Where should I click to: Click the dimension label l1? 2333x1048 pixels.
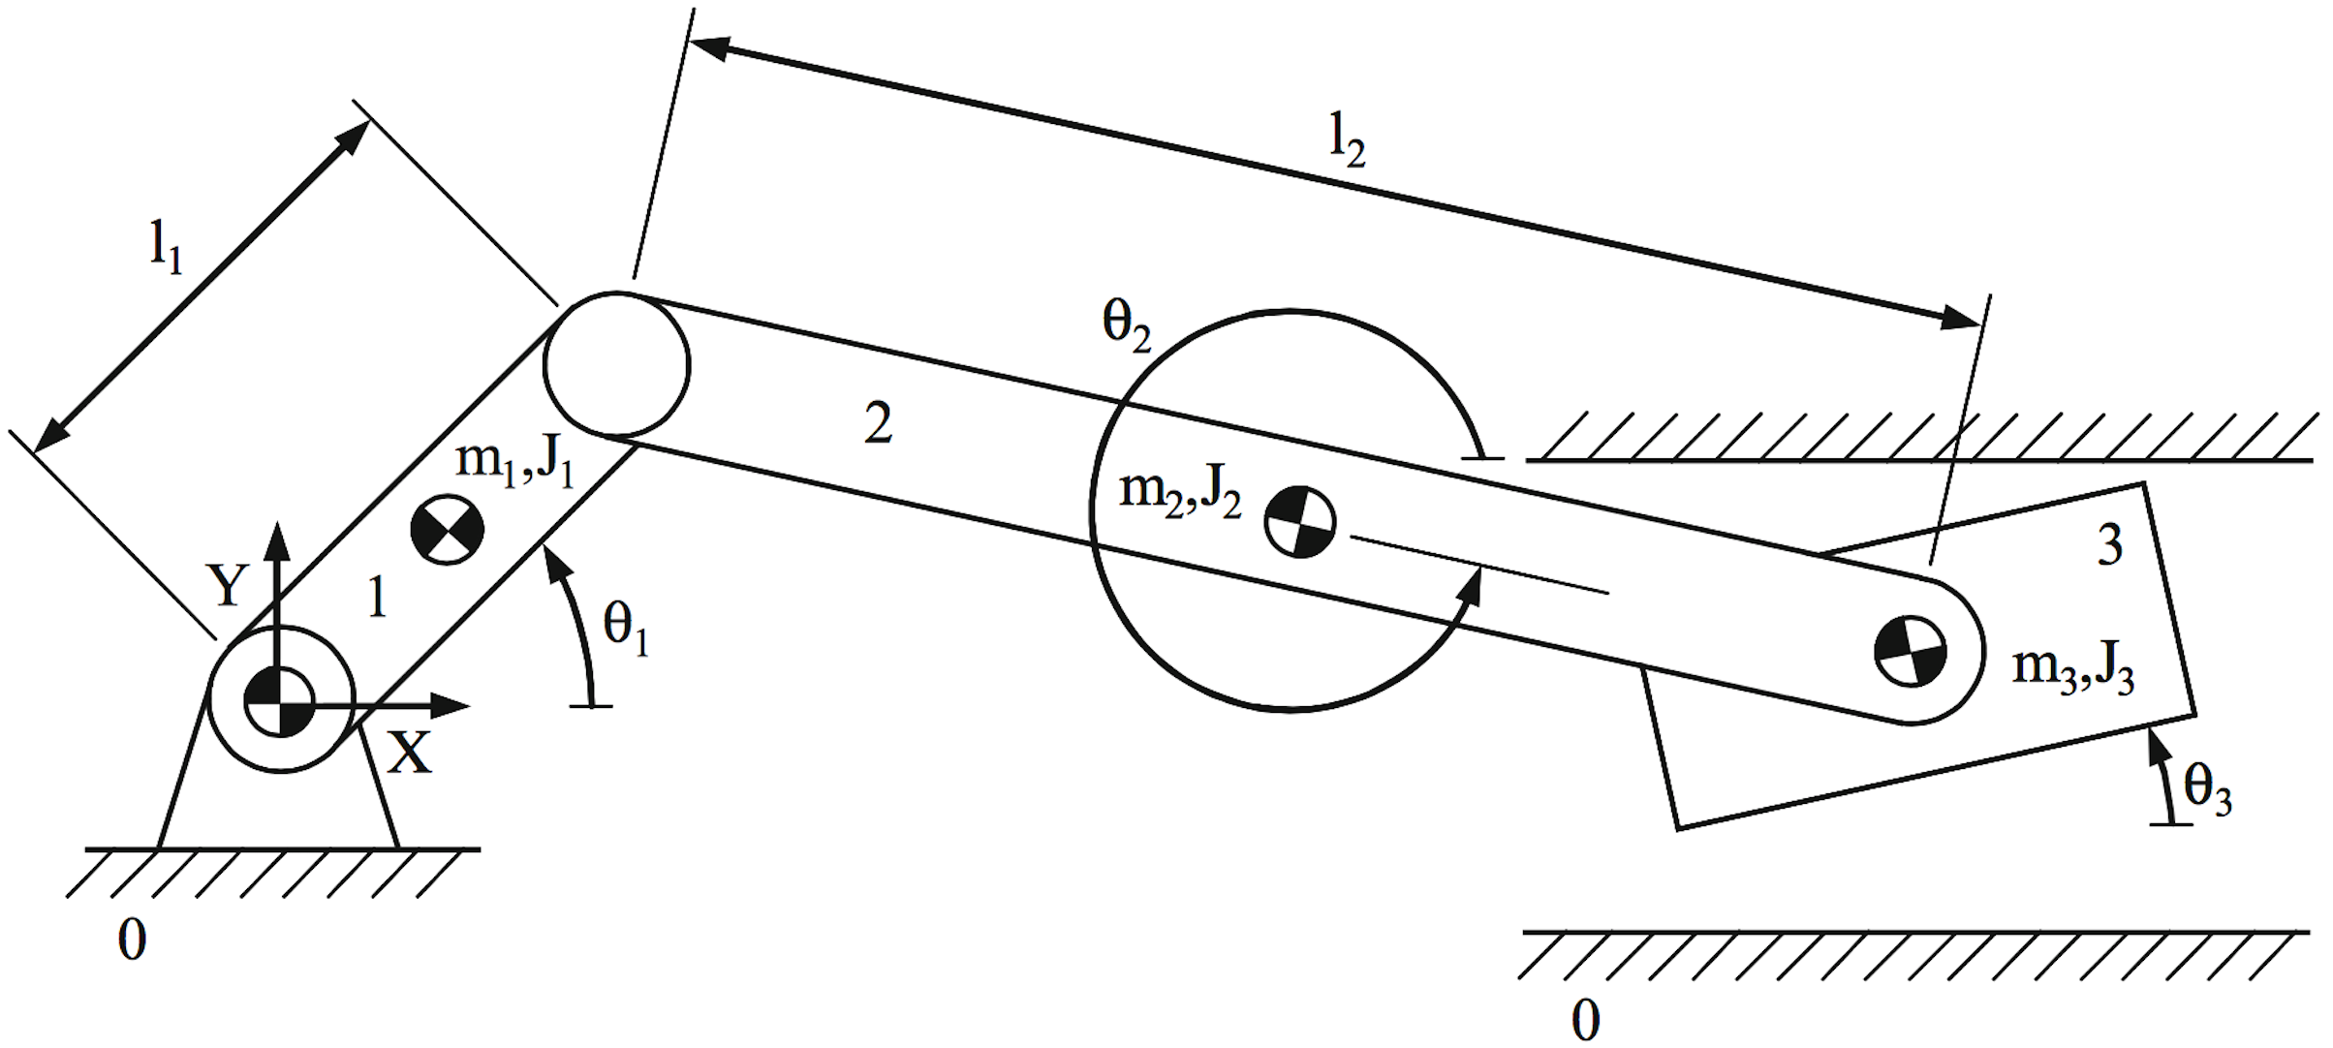pyautogui.click(x=166, y=248)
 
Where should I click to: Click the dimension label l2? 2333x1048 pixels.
pyautogui.click(x=1347, y=140)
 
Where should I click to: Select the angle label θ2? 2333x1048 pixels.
pyautogui.click(x=1127, y=324)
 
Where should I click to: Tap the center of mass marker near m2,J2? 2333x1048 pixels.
pyautogui.click(x=1300, y=522)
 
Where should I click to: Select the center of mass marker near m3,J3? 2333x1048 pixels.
pyautogui.click(x=1910, y=651)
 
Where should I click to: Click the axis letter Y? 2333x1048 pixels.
pyautogui.click(x=228, y=586)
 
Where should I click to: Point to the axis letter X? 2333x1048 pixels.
pyautogui.click(x=410, y=753)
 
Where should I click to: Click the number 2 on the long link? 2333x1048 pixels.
pyautogui.click(x=878, y=423)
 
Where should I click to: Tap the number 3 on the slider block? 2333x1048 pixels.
pyautogui.click(x=2109, y=544)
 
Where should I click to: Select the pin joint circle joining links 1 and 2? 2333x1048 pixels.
pyautogui.click(x=616, y=364)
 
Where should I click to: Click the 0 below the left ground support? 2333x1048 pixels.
pyautogui.click(x=133, y=940)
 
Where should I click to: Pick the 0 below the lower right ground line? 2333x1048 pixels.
pyautogui.click(x=1585, y=1020)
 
